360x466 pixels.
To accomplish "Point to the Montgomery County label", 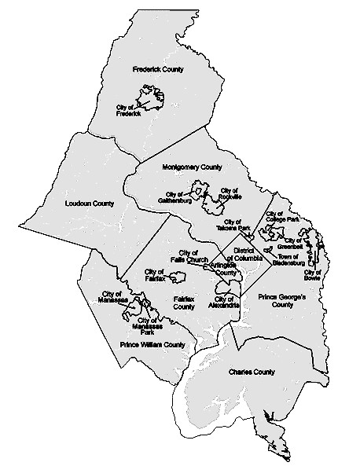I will click(193, 167).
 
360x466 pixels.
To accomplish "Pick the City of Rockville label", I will click(230, 193).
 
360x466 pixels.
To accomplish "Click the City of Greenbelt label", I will click(298, 243).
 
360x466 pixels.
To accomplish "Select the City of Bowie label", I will click(313, 275).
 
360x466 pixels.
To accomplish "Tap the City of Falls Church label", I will click(189, 256).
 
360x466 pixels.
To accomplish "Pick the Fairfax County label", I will click(183, 303).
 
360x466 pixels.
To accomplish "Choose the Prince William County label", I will click(152, 344).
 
